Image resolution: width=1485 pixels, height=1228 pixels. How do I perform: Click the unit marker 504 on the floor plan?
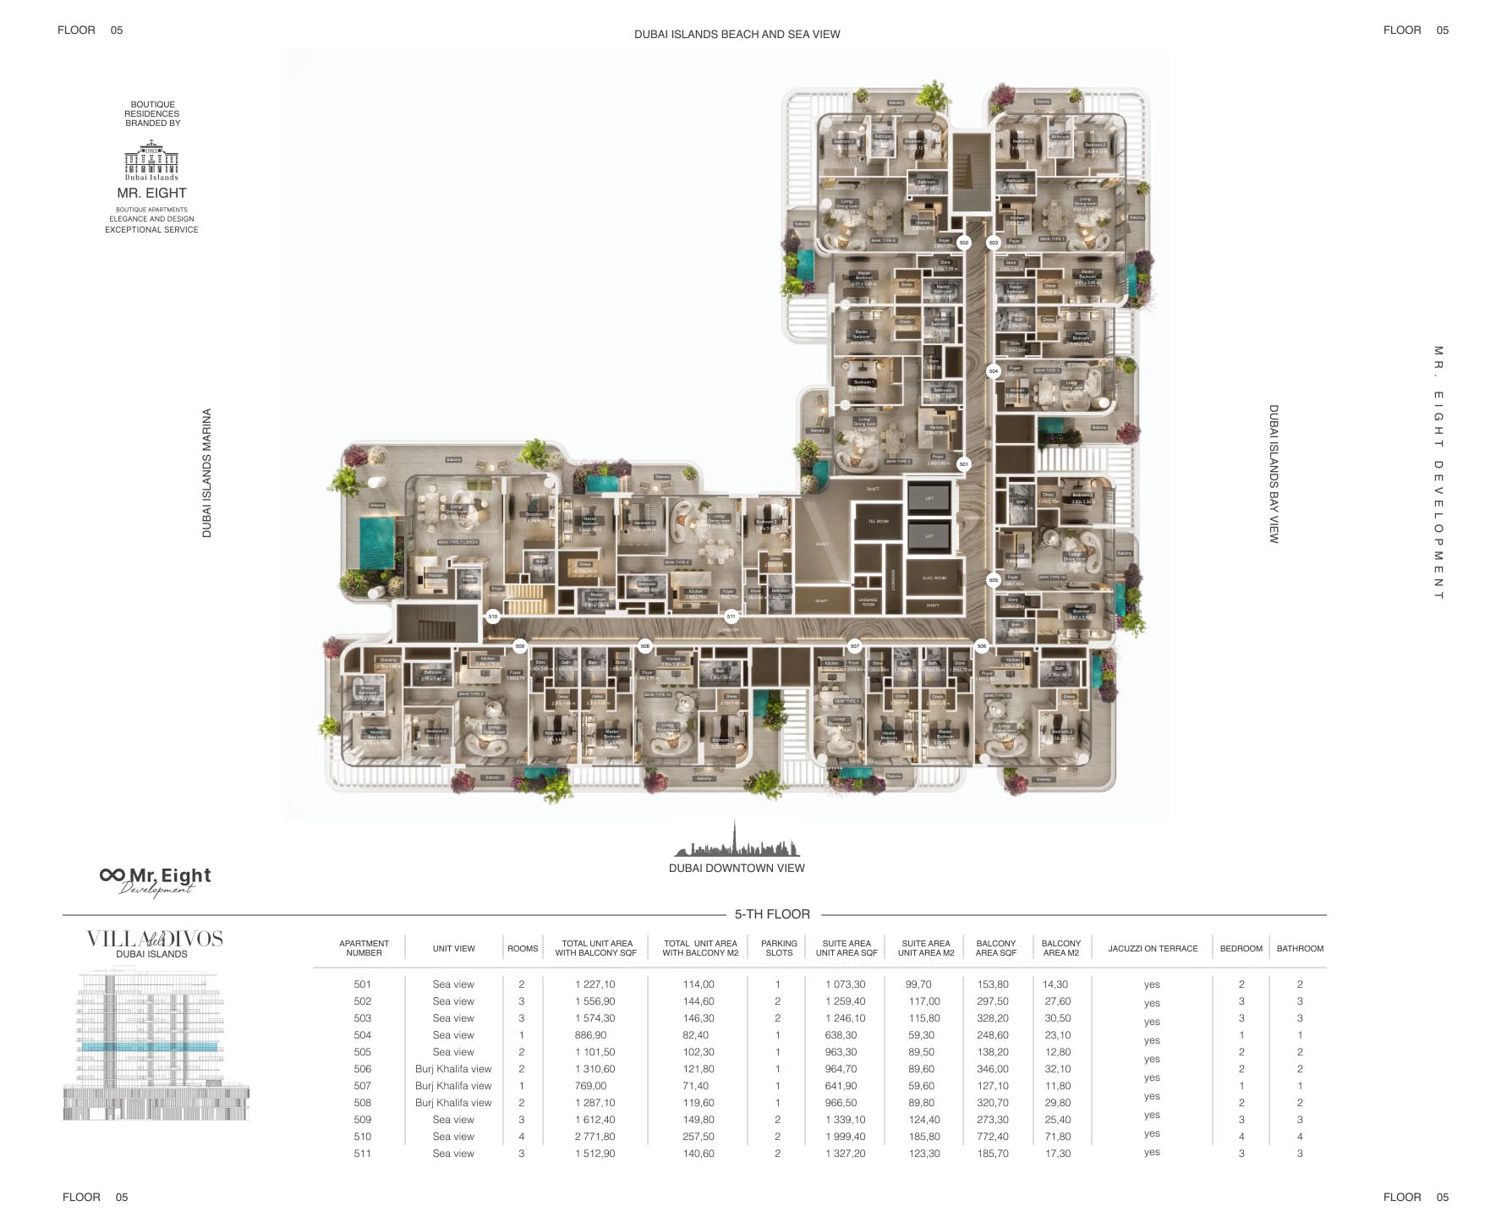(x=993, y=371)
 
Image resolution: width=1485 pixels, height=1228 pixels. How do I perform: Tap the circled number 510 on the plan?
(x=493, y=617)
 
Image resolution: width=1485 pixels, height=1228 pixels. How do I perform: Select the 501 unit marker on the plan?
(x=963, y=464)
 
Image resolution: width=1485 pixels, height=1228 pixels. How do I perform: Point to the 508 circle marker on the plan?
(x=645, y=646)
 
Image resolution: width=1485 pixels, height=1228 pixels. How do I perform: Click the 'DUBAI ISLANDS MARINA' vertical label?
(x=207, y=473)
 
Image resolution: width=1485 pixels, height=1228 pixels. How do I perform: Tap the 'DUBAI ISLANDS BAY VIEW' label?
(x=1274, y=474)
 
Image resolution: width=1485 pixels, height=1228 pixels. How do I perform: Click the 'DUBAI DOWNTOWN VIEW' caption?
(x=737, y=868)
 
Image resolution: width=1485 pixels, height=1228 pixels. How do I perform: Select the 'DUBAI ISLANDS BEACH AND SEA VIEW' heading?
(x=737, y=35)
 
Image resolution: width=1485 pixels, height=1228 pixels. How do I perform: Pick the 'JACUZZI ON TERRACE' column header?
(x=1153, y=948)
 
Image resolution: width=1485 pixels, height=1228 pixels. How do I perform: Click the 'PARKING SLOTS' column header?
(x=779, y=948)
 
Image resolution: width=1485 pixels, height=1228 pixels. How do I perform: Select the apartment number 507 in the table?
(x=363, y=1086)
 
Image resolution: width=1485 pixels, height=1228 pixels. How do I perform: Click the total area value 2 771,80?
(x=595, y=1137)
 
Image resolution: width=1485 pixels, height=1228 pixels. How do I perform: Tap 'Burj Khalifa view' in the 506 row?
(x=453, y=1069)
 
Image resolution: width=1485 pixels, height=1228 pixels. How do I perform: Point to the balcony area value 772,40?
(x=992, y=1137)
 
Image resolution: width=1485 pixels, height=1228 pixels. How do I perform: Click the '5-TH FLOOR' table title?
(x=772, y=914)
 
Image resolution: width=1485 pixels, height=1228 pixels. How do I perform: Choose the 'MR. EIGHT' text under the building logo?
(x=152, y=193)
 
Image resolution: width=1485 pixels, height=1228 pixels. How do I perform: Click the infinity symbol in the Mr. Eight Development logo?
(x=112, y=874)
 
